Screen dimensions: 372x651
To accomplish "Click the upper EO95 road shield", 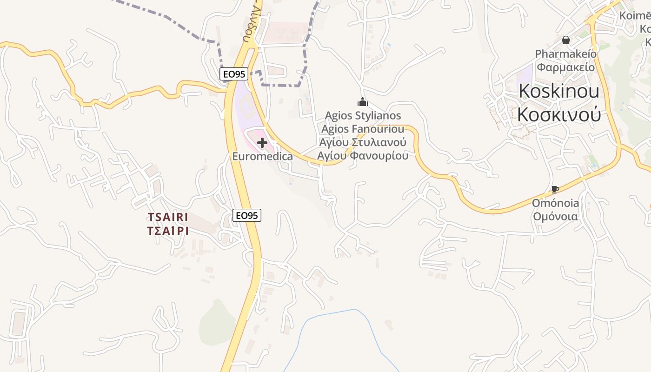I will (x=233, y=73).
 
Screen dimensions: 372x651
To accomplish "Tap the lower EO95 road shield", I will (x=246, y=215).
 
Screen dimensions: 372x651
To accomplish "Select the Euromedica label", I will (x=262, y=156).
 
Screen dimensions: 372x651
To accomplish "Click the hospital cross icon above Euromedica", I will (x=262, y=143).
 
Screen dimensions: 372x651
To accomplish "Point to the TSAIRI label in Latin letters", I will (x=168, y=217).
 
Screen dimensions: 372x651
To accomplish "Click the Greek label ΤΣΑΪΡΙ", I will (x=168, y=231).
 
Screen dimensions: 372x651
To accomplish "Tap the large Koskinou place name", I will (x=559, y=91).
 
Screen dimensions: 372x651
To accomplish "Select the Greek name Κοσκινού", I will (x=559, y=114).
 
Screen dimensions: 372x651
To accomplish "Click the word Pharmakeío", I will (x=565, y=54).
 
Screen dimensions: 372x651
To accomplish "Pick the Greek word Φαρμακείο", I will (x=565, y=67).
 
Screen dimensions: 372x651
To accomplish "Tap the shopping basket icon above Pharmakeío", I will (x=566, y=40).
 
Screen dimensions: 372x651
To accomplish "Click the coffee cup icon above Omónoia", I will (x=555, y=189).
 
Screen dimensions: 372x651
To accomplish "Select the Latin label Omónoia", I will (x=556, y=203).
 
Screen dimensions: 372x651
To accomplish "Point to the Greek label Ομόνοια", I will (x=556, y=216).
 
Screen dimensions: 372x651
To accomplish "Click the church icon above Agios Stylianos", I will (x=362, y=102).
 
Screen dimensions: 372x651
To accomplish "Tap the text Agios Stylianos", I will (x=363, y=115).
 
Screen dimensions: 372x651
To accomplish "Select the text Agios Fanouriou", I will (x=363, y=129).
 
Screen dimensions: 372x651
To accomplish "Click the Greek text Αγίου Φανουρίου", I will (x=363, y=155).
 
